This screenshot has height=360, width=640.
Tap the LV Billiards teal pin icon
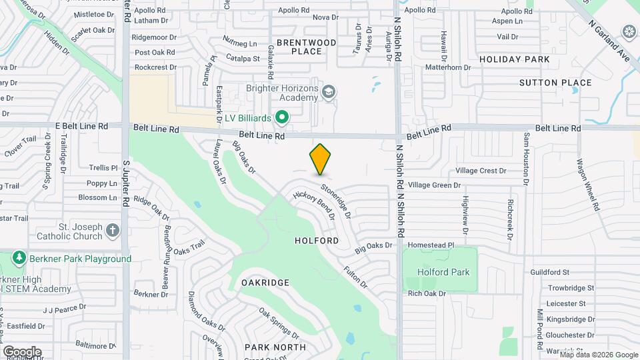click(x=282, y=118)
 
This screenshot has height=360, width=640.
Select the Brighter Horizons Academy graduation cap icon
click(x=328, y=91)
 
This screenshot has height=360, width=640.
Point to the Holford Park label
click(x=443, y=272)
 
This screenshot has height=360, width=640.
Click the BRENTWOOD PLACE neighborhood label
click(x=306, y=47)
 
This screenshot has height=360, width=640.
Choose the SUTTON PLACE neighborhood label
click(x=555, y=83)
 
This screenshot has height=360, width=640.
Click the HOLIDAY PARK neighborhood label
click(x=514, y=59)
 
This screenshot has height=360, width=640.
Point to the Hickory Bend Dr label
click(x=313, y=205)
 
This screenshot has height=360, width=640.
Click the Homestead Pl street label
click(x=431, y=245)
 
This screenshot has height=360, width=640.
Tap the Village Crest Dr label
click(x=481, y=171)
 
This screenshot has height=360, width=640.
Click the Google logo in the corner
click(x=22, y=351)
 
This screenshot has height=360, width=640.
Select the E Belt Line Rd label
click(x=81, y=125)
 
